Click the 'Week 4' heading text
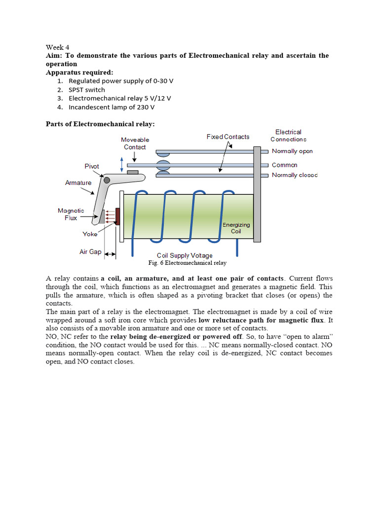[x=58, y=47]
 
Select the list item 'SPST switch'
[x=87, y=90]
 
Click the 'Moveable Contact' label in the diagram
[x=135, y=144]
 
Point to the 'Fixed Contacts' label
[x=228, y=137]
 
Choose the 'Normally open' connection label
[x=292, y=151]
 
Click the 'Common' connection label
[x=285, y=165]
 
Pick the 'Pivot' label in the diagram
[x=92, y=166]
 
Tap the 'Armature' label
[x=78, y=183]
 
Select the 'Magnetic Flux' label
[x=71, y=214]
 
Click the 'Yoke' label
[x=90, y=234]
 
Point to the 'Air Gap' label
[x=90, y=252]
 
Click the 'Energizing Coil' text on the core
[x=236, y=228]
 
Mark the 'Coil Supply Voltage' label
[x=185, y=255]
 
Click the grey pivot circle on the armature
[x=107, y=180]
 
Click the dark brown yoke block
[x=117, y=216]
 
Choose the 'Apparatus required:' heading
[x=79, y=72]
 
